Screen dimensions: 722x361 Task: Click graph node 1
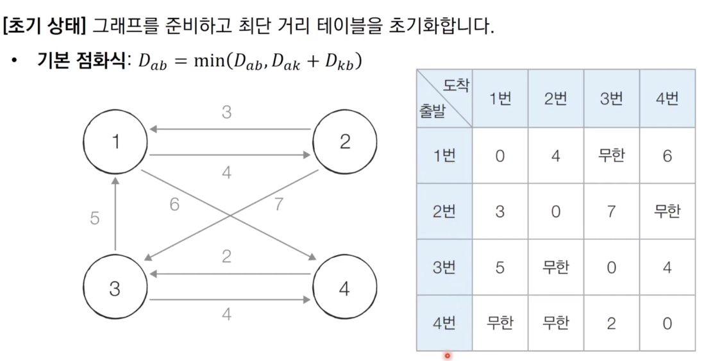[x=115, y=141]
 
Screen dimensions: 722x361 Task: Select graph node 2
[x=344, y=141]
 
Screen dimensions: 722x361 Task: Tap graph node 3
[x=115, y=289]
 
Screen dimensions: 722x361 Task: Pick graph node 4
[x=344, y=289]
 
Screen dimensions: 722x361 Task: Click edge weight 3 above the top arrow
[x=226, y=113]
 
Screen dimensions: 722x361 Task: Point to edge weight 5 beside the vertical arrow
[x=95, y=219]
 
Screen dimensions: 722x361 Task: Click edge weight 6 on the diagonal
[x=174, y=205]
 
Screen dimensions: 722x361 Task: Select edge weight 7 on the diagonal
[x=278, y=205]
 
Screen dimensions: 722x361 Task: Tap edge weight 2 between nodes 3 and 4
[x=226, y=257]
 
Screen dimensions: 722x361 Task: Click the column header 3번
[x=611, y=99]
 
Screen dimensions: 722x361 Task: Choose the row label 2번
[x=444, y=212]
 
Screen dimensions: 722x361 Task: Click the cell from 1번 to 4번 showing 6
[x=667, y=156]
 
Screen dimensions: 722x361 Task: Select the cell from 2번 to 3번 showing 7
[x=611, y=212]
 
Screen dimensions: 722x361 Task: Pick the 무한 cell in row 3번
[x=555, y=267]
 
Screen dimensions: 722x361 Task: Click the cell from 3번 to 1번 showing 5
[x=500, y=267]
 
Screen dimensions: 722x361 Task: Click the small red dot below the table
[x=447, y=355]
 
